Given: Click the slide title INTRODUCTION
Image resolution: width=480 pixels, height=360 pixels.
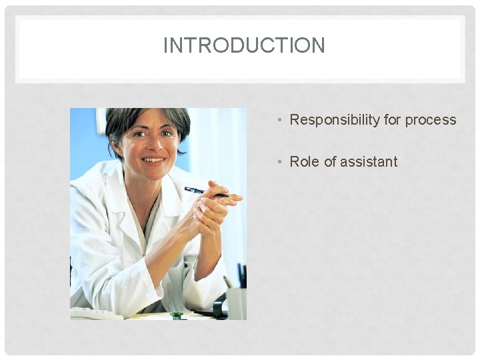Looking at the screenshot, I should pos(244,45).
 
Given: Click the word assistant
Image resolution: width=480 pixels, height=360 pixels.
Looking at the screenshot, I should pos(369,161).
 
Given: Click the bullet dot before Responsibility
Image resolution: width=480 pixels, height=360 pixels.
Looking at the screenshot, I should pos(282,121).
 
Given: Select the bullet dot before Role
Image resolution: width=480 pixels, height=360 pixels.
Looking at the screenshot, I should pos(282,162).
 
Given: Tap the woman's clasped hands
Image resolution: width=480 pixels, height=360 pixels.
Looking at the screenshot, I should pos(212,207).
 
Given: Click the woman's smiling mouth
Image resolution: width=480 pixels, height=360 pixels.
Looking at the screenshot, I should pos(153,160).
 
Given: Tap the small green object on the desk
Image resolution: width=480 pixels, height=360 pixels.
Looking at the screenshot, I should pos(176,315).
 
